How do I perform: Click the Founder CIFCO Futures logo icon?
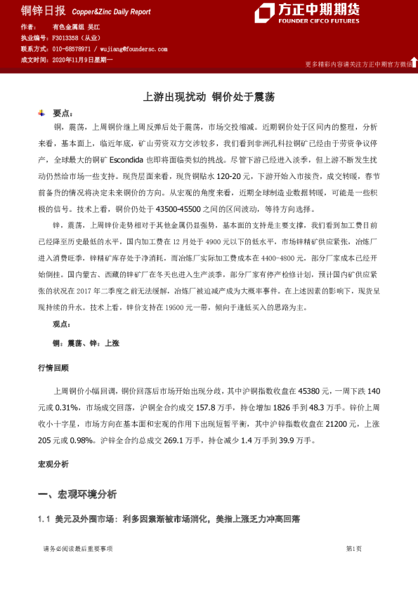[264, 13]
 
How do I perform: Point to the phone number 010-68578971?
[72, 49]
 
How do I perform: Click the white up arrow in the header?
[413, 62]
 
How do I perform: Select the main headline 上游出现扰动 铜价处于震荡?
[209, 98]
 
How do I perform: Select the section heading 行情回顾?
[53, 368]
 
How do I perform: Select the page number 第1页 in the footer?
[353, 548]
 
